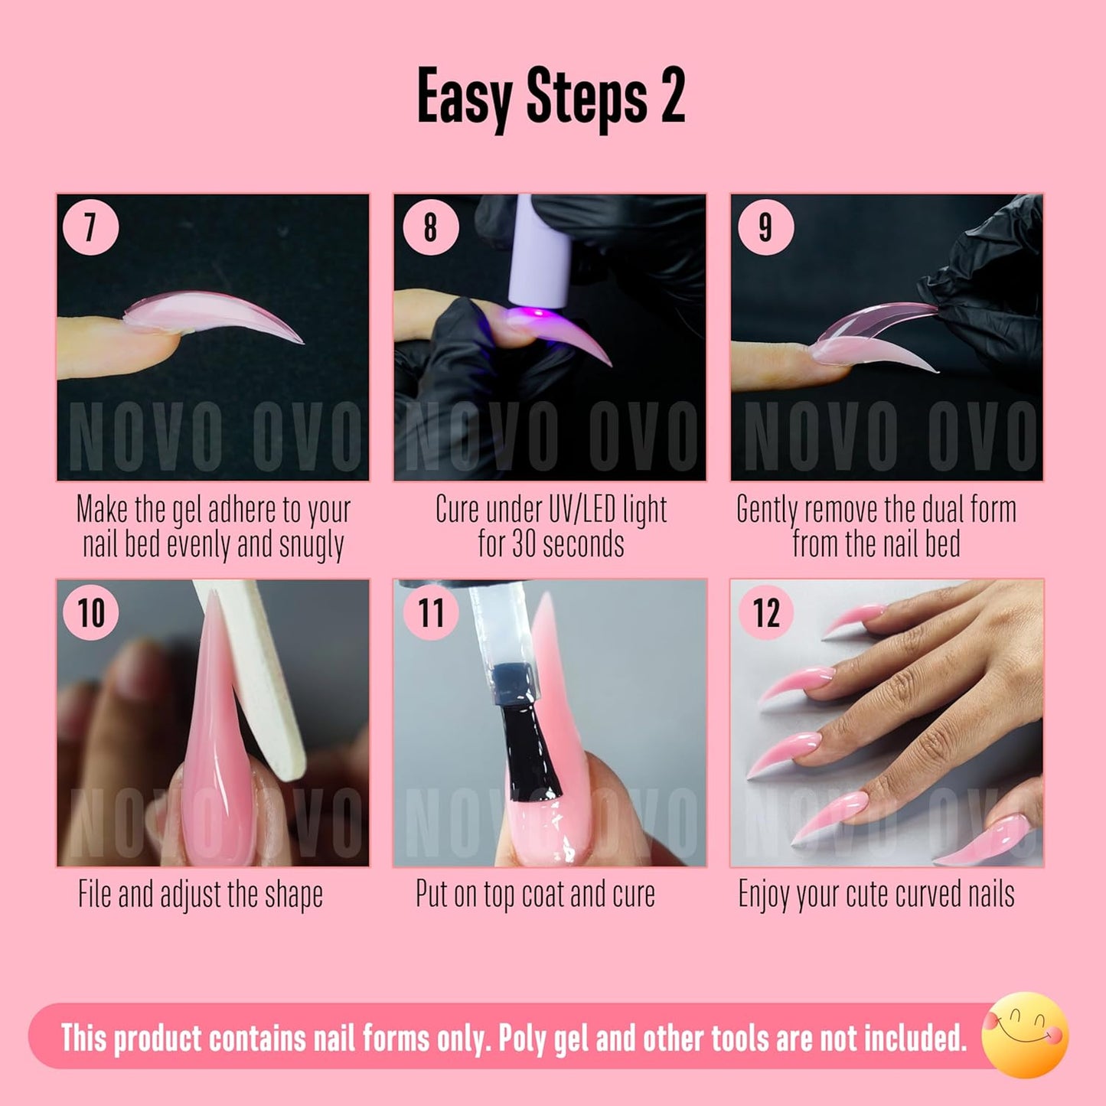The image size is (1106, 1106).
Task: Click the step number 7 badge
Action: [x=90, y=227]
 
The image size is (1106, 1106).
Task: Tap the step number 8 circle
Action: [x=430, y=227]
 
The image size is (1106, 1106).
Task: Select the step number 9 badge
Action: [x=765, y=227]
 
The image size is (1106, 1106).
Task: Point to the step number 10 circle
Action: [x=90, y=612]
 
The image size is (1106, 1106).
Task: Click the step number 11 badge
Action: [x=430, y=612]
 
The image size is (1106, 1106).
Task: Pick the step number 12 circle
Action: [x=765, y=612]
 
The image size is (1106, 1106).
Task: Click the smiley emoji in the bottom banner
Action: [x=1025, y=1035]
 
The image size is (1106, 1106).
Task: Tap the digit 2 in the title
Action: [x=672, y=97]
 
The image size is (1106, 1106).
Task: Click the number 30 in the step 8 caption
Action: [x=523, y=544]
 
